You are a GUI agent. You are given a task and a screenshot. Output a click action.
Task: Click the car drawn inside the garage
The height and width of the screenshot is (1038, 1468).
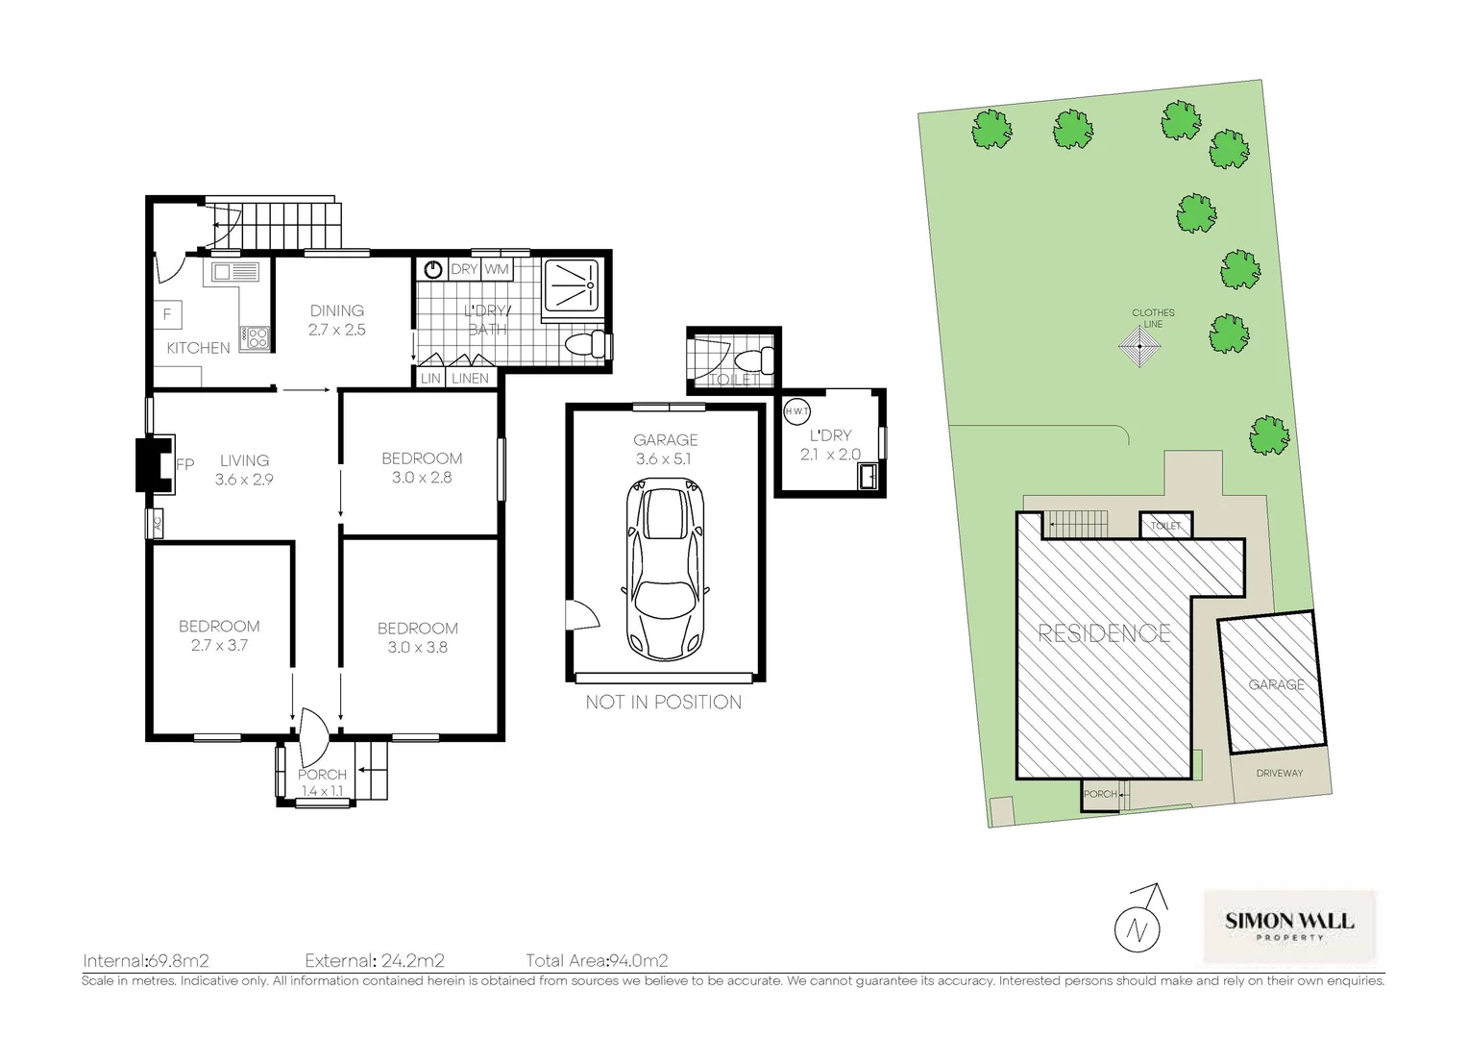click(x=665, y=569)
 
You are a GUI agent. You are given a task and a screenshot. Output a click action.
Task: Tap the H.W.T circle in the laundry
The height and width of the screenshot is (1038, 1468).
click(x=796, y=411)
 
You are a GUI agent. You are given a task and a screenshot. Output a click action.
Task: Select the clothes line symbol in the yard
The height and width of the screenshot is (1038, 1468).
click(x=1139, y=346)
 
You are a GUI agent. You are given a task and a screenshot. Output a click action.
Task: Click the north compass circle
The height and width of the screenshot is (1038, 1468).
click(x=1138, y=929)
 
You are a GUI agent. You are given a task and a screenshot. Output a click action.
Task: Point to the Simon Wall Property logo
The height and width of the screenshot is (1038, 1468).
click(x=1289, y=926)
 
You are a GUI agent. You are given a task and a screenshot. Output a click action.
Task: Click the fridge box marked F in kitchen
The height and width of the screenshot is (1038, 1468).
click(x=168, y=314)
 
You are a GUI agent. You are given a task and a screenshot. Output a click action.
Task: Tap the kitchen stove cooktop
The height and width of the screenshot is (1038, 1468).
click(x=255, y=338)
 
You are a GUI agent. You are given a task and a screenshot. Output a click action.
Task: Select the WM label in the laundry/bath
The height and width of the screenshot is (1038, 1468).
click(x=497, y=269)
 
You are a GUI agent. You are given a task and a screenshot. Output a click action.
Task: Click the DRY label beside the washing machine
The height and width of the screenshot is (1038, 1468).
click(x=464, y=269)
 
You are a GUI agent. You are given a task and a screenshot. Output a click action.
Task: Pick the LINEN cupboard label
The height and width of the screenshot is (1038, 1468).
click(x=470, y=379)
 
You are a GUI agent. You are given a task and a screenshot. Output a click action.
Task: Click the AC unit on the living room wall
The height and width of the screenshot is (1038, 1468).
click(x=156, y=523)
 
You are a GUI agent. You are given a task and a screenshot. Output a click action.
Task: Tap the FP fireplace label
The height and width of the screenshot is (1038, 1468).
click(x=185, y=464)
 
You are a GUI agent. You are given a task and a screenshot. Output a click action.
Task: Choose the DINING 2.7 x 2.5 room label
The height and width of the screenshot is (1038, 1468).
click(x=337, y=320)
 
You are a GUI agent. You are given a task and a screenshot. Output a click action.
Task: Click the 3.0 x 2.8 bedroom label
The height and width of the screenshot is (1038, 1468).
click(x=422, y=478)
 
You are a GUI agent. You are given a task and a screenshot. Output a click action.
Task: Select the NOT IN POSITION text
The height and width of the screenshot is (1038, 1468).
click(x=663, y=703)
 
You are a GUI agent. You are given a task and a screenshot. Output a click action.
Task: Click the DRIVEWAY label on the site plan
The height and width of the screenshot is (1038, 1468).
click(x=1280, y=773)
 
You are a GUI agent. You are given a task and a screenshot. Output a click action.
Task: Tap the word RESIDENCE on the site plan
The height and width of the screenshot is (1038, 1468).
click(x=1105, y=632)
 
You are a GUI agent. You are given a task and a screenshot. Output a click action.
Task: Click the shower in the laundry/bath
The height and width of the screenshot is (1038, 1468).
click(x=572, y=285)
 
